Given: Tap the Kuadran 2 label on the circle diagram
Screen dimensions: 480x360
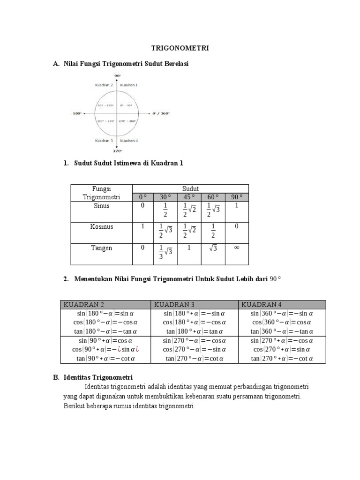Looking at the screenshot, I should [x=104, y=85].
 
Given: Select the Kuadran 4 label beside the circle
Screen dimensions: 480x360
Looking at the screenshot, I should [x=128, y=141].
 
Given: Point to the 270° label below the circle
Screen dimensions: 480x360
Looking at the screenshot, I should [x=117, y=151].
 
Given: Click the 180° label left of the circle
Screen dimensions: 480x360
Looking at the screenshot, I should [x=77, y=113].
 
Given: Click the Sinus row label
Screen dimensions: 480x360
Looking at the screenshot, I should [x=101, y=205].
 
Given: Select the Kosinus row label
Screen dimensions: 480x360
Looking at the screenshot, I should [x=101, y=226].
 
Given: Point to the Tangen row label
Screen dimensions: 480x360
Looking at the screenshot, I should [x=101, y=248].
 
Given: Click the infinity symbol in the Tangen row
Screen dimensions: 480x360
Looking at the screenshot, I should [x=236, y=247].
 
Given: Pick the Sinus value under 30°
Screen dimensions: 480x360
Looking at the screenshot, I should [x=165, y=210].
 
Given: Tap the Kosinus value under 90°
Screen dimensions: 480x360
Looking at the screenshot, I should [x=236, y=226].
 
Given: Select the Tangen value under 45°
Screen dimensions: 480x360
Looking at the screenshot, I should [x=189, y=247].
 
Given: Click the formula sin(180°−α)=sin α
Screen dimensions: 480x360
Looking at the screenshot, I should [x=105, y=314].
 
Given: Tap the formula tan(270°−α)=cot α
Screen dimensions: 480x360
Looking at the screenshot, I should [x=195, y=359].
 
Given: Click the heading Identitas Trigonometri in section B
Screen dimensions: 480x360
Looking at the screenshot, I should [x=98, y=377].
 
